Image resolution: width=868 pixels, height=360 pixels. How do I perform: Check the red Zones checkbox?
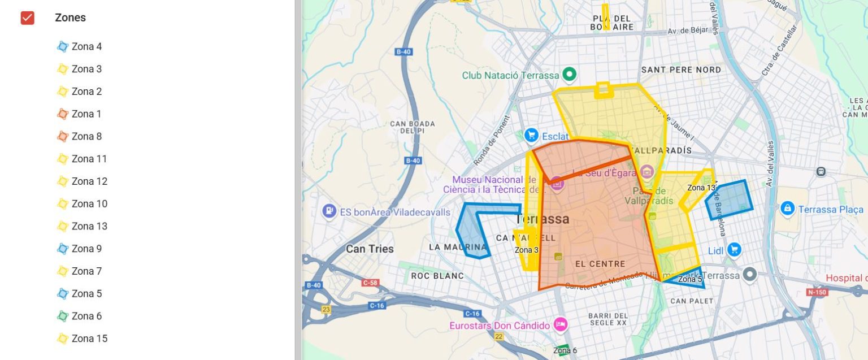(27, 18)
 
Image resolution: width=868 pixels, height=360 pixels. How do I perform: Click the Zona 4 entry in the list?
(86, 46)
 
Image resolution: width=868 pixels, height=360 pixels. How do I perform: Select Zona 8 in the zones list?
(86, 136)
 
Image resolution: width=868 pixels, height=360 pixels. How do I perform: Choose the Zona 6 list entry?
(86, 316)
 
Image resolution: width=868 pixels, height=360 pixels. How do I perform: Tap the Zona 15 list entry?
(89, 339)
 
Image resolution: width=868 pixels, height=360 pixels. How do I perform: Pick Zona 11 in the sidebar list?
(89, 159)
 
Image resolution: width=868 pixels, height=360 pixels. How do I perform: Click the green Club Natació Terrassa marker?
(570, 74)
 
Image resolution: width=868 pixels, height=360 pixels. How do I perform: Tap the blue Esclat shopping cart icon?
(531, 136)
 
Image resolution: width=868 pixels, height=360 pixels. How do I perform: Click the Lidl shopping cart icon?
(734, 249)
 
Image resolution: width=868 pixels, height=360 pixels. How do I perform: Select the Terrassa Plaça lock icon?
(787, 209)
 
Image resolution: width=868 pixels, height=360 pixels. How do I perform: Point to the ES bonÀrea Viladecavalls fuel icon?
(329, 211)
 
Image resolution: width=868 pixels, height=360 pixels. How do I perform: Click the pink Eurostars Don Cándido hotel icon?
(560, 325)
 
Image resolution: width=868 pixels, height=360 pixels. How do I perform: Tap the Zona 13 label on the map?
(702, 188)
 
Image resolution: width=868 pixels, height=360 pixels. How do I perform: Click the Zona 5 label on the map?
(690, 279)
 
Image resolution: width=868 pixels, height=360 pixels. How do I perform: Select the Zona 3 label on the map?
(526, 250)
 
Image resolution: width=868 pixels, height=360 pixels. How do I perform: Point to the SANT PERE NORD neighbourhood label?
(681, 70)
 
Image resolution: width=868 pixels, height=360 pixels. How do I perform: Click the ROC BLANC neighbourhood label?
(437, 276)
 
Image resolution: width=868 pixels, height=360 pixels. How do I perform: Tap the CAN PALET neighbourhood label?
(692, 301)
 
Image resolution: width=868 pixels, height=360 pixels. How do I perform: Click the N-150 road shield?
(817, 292)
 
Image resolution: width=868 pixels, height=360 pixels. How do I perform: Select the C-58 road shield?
(370, 283)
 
